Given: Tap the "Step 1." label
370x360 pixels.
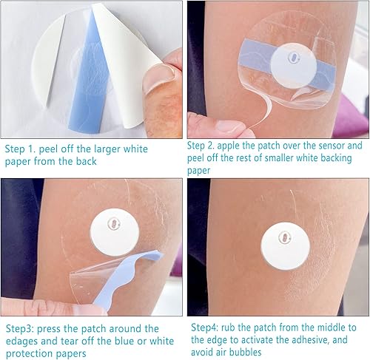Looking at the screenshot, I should (23, 149).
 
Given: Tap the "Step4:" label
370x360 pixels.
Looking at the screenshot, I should (207, 327).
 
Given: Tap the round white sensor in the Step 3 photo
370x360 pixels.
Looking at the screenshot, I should (114, 232).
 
